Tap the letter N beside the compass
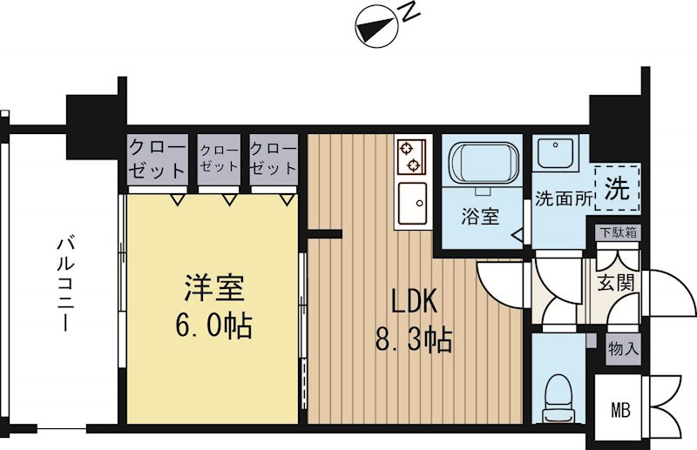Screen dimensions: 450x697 click(408, 11)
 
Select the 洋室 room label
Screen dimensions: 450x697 click(213, 288)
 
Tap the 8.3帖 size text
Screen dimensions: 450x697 click(414, 339)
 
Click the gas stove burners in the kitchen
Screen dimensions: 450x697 click(409, 156)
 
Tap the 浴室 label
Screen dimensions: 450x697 click(480, 218)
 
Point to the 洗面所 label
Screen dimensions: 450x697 click(564, 198)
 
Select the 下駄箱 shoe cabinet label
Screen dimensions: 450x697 click(618, 233)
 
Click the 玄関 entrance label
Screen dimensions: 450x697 click(615, 283)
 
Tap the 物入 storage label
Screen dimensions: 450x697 click(624, 348)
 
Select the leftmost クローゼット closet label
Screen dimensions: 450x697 click(157, 158)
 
